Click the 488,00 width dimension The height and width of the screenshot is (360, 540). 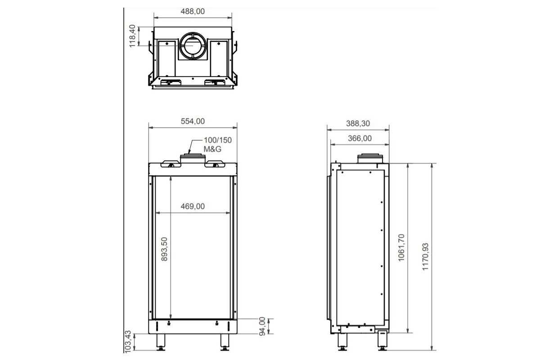click(x=193, y=11)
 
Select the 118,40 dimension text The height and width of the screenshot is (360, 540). click(x=132, y=36)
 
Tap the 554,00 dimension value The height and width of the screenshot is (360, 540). click(x=193, y=121)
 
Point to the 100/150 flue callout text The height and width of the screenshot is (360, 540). click(x=218, y=140)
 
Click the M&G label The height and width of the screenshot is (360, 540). click(x=212, y=149)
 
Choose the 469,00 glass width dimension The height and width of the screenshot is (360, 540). click(x=193, y=206)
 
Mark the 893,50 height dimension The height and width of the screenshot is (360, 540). click(x=164, y=249)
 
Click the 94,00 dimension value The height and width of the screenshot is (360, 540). click(x=262, y=326)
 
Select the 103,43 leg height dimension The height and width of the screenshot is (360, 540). click(x=127, y=342)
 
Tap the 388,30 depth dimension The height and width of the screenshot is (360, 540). click(x=358, y=123)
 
